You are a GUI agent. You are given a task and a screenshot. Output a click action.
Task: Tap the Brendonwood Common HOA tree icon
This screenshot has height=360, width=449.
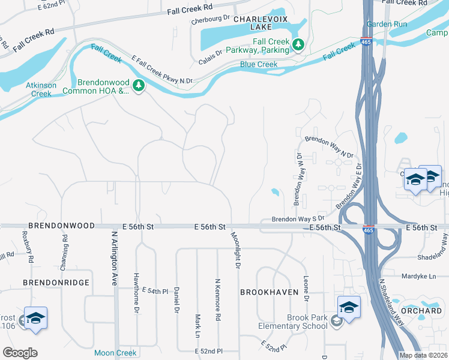[x=139, y=86]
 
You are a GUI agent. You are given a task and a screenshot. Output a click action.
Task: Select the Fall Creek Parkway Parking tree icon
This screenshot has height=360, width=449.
[x=297, y=44]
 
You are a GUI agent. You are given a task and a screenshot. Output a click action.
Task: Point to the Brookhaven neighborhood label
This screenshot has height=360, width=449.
[x=269, y=292]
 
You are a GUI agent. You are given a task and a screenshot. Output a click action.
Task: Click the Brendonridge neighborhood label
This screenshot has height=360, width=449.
[x=56, y=282]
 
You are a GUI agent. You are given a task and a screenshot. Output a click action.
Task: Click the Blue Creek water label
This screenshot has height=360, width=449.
[x=259, y=64]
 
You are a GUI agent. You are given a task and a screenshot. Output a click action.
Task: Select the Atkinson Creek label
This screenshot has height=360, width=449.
[x=41, y=89]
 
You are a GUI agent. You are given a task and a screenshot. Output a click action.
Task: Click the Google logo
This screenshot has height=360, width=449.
[x=20, y=353]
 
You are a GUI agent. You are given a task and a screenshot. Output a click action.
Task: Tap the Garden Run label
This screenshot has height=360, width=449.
[x=387, y=24]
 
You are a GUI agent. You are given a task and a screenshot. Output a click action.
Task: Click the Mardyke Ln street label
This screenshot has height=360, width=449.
[x=419, y=277]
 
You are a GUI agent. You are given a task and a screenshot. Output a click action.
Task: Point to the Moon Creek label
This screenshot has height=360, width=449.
[x=116, y=353]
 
